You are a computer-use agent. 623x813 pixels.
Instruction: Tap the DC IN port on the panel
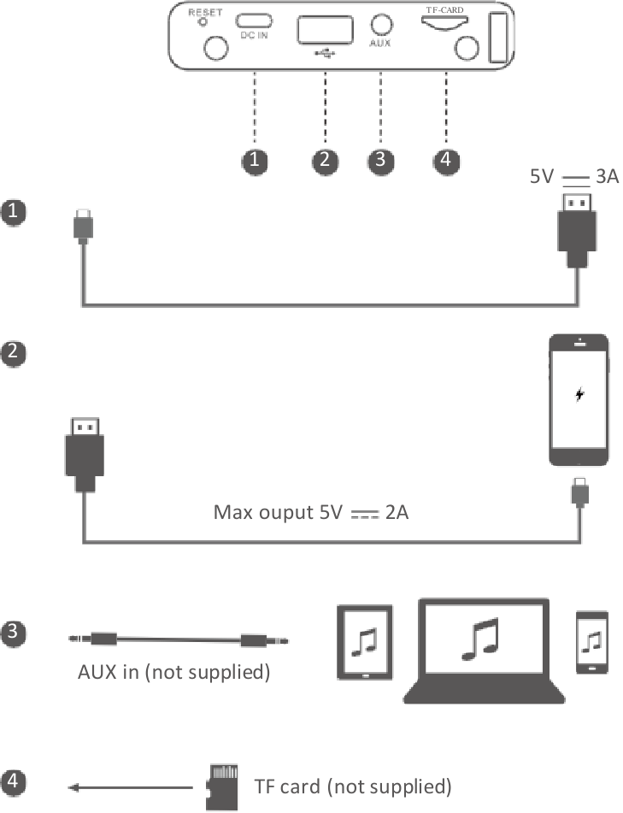pos(254,19)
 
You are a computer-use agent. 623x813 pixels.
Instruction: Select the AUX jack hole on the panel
pos(381,23)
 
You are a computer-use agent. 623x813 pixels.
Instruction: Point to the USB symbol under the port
pos(326,53)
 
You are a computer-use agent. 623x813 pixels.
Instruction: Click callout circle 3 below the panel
pos(380,161)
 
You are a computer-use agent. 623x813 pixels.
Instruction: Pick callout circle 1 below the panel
pos(254,161)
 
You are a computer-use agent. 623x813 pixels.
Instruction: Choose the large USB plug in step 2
pos(83,454)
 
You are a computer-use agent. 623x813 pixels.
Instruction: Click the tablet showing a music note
pos(366,644)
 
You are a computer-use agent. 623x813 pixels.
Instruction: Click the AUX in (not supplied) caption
pos(174,672)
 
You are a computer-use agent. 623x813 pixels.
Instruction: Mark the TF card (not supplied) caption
pos(352,786)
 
